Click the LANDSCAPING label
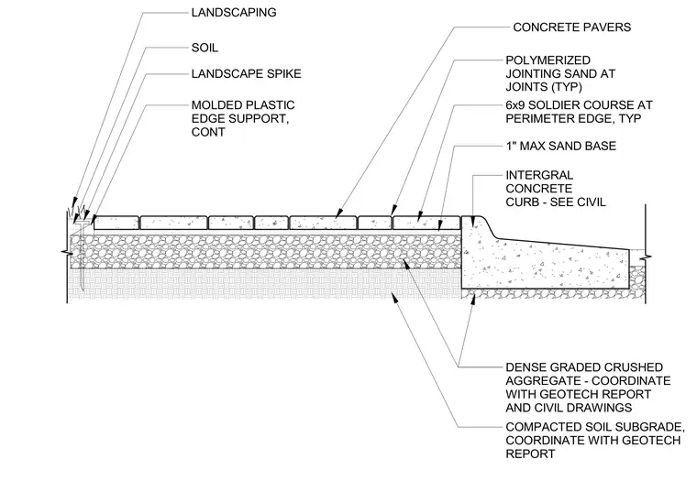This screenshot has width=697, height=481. coord(234,13)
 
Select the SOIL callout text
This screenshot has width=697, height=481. coord(205,48)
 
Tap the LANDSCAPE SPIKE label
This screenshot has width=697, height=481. coord(247,73)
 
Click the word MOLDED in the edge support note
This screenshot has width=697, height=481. coord(213,105)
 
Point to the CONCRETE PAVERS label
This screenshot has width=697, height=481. coord(572,27)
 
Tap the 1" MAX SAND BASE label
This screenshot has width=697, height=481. coord(561,146)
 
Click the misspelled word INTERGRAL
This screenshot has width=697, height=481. coord(539,175)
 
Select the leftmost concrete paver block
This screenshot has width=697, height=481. coord(116,223)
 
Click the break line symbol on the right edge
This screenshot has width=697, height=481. coord(646,257)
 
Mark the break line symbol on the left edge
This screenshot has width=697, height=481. coord(67,253)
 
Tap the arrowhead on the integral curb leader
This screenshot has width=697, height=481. coord(474,220)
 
